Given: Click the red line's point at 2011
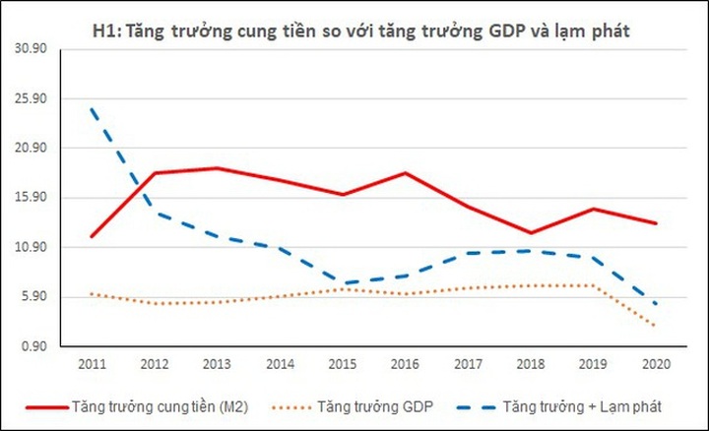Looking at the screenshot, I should (x=91, y=236).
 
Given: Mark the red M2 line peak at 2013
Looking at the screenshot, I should (x=217, y=168).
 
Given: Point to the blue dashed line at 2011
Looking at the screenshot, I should (x=91, y=108).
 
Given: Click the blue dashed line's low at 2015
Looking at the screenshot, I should (x=342, y=283).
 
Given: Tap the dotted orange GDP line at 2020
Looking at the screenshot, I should (x=656, y=326).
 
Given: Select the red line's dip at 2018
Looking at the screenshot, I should (x=530, y=233).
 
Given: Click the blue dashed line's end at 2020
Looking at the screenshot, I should (x=656, y=304).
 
